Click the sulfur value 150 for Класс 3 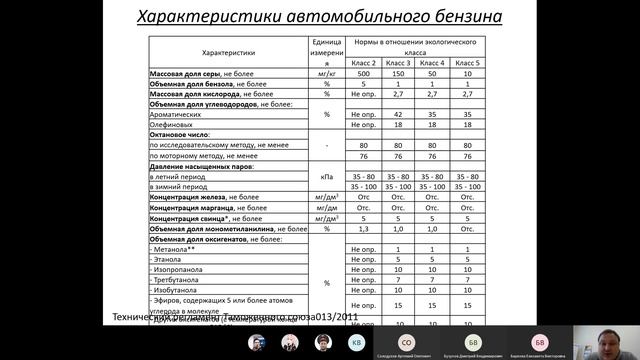click(x=398, y=75)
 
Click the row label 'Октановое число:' click(x=183, y=136)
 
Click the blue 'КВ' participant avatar click(x=356, y=341)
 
